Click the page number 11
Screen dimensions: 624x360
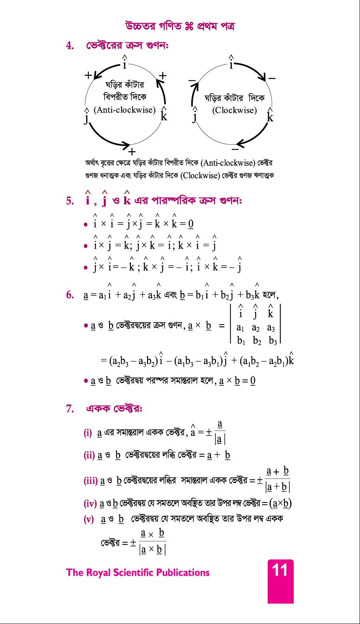pos(280,570)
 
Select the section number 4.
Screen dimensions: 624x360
pos(70,46)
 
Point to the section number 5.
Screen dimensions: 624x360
pos(70,201)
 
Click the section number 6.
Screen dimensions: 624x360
pos(70,295)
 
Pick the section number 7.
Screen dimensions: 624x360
pos(70,409)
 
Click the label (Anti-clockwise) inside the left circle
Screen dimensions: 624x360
pos(125,110)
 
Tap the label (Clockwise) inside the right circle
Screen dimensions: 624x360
pos(235,110)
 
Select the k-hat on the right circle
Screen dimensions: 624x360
pos(270,116)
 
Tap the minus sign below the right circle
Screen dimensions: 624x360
pos(235,149)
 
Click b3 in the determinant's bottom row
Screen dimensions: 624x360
pos(273,341)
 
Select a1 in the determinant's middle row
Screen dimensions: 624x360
pos(240,328)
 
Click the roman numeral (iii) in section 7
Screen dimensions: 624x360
pos(91,481)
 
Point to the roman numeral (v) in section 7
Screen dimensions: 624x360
pos(89,519)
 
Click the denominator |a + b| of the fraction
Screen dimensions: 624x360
pos(278,487)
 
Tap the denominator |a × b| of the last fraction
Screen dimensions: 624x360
pos(152,550)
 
